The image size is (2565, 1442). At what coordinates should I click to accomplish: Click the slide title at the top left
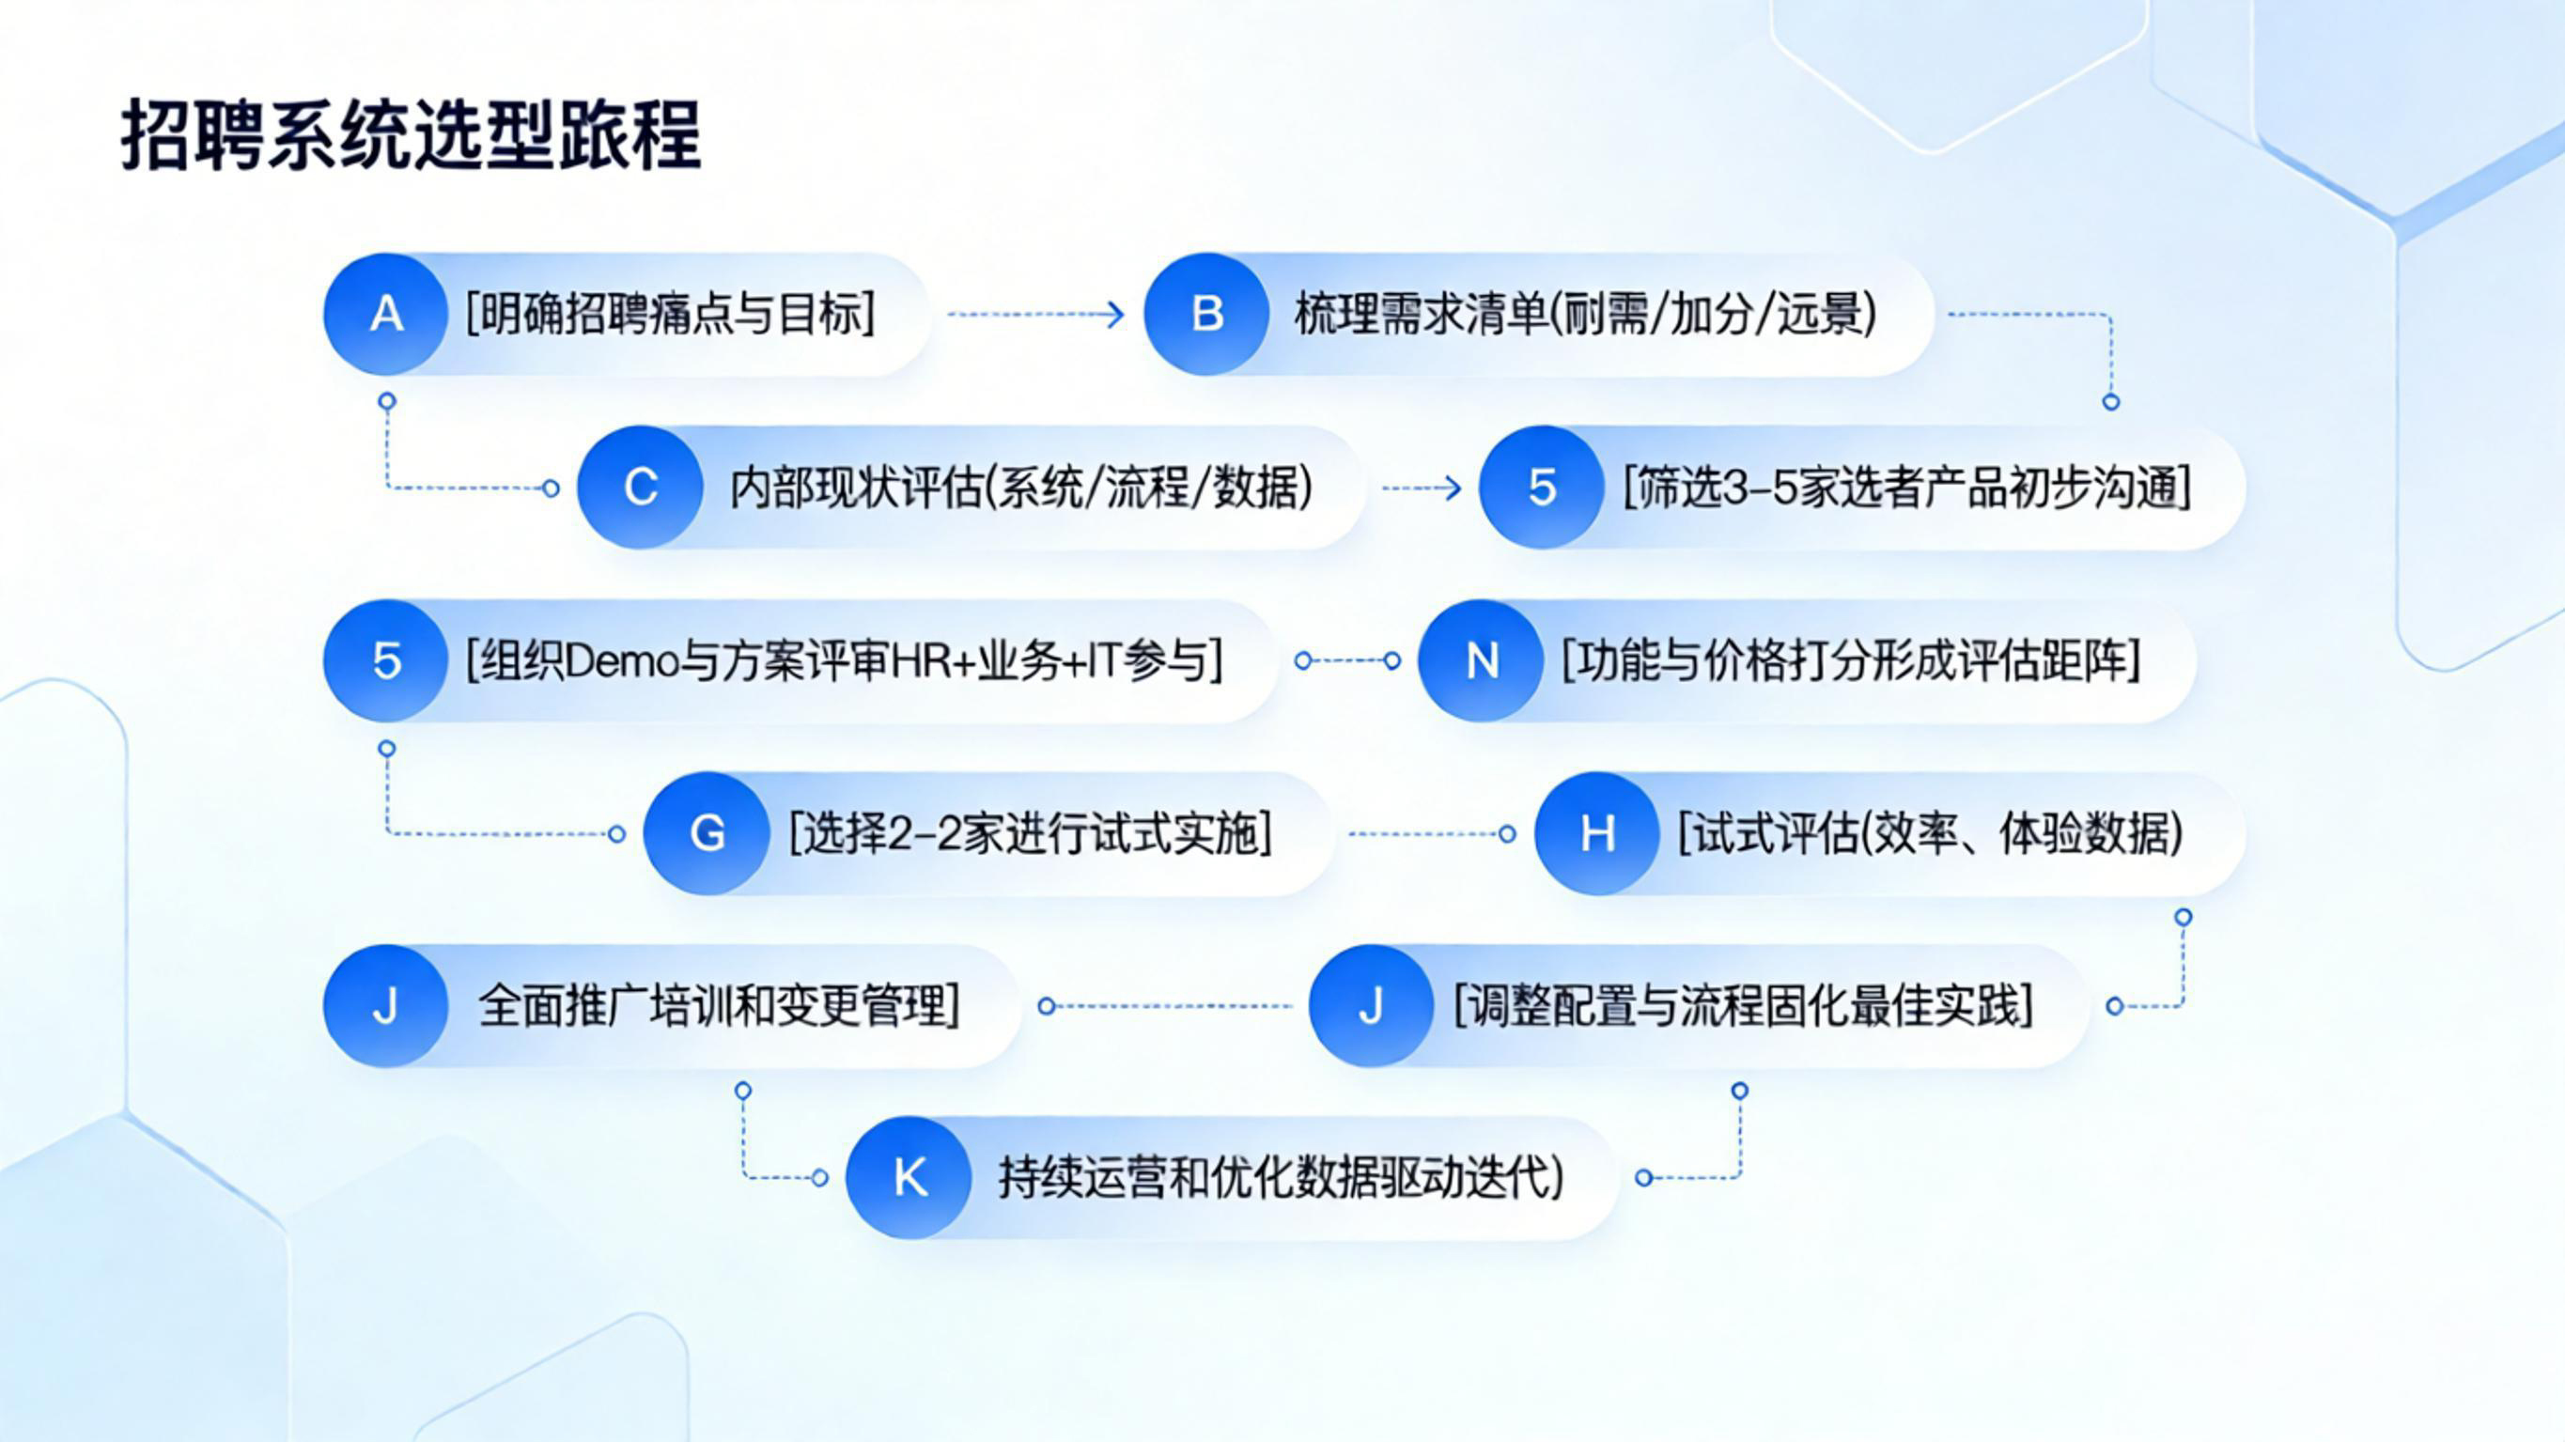pyautogui.click(x=412, y=134)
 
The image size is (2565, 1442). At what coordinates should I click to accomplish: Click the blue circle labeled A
pyautogui.click(x=386, y=315)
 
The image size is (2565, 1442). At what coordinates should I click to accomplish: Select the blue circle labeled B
pyautogui.click(x=1206, y=315)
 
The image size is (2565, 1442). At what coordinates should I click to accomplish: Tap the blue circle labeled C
pyautogui.click(x=640, y=487)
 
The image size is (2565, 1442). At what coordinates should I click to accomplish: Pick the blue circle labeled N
pyautogui.click(x=1482, y=660)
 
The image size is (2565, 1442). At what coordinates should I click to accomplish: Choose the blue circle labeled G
pyautogui.click(x=707, y=833)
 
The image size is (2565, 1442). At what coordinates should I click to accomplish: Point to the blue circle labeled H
pyautogui.click(x=1597, y=833)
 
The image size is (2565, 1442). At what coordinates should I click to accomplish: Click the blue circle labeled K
pyautogui.click(x=909, y=1178)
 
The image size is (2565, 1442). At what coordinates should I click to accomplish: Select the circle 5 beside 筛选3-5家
pyautogui.click(x=1542, y=487)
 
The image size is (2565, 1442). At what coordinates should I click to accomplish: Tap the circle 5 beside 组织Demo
pyautogui.click(x=386, y=660)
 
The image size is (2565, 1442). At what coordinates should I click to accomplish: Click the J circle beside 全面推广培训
pyautogui.click(x=386, y=1006)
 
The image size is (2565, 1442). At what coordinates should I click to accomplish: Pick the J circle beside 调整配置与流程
pyautogui.click(x=1371, y=1006)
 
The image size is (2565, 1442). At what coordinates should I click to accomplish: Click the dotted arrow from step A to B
pyautogui.click(x=1035, y=315)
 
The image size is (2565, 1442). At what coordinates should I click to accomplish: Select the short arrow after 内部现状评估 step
pyautogui.click(x=1422, y=488)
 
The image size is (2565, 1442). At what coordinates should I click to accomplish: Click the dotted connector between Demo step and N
pyautogui.click(x=1347, y=660)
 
